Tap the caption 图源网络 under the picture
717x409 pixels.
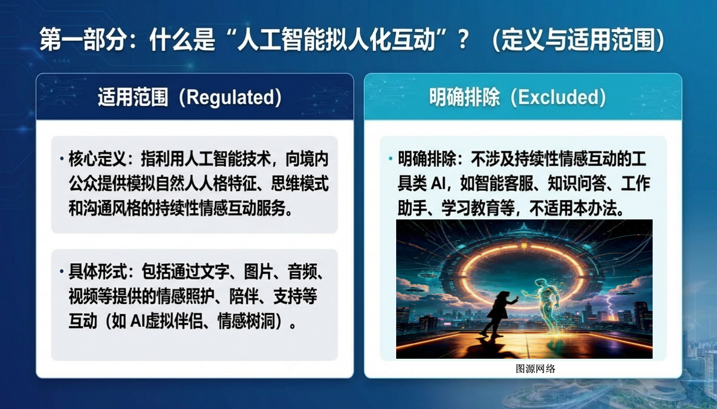(535, 369)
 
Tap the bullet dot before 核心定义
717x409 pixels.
(62, 158)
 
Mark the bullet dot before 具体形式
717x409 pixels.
(62, 271)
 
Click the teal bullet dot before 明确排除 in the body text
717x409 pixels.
(390, 158)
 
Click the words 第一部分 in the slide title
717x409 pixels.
(82, 40)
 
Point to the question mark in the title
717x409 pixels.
(463, 40)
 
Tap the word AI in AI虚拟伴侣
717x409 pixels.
(138, 321)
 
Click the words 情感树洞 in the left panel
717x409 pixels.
(247, 321)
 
